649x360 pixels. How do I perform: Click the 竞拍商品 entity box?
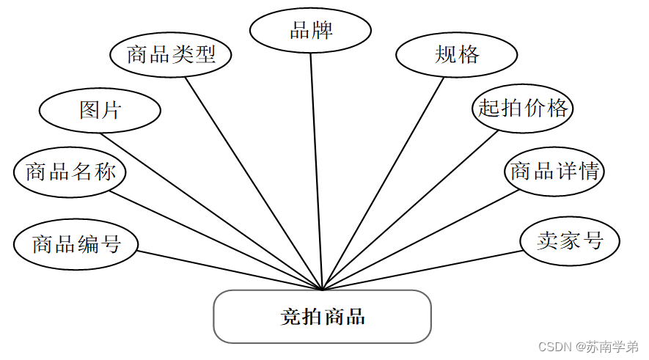322,317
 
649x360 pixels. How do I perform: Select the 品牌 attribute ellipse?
310,31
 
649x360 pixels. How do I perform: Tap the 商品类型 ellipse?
171,54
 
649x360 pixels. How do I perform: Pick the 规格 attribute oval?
457,54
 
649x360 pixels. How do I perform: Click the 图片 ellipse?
100,111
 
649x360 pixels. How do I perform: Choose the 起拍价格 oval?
522,109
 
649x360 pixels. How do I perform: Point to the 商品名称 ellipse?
70,172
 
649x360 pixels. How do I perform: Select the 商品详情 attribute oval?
555,172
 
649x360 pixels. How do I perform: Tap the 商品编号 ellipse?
76,243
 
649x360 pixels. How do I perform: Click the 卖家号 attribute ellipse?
570,240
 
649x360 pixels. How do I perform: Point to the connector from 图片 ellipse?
213,211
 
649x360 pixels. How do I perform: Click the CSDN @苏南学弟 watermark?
587,346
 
